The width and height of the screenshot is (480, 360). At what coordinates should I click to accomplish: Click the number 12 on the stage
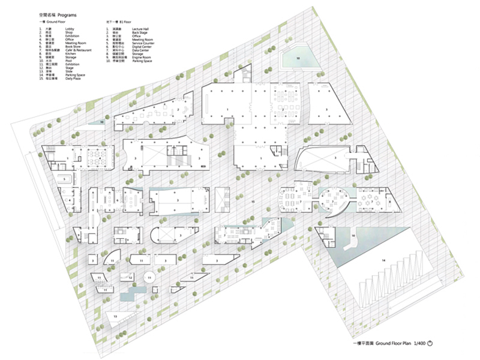point(130,278)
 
